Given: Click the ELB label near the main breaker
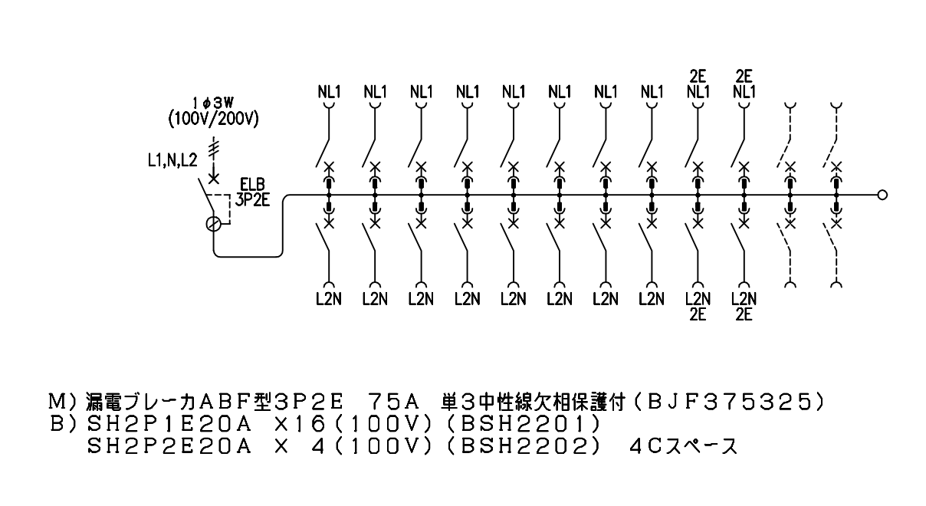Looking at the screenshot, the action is (x=253, y=185).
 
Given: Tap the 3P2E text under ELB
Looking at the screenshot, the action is (x=253, y=200).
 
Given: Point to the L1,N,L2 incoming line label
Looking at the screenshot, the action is (x=172, y=161).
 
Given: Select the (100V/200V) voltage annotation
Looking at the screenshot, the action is (x=213, y=119).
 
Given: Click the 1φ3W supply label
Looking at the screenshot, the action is (x=213, y=103).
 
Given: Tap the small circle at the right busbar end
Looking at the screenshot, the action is (x=882, y=195).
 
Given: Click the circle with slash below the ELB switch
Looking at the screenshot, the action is (x=213, y=224).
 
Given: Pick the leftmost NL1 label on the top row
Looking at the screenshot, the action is (x=329, y=92).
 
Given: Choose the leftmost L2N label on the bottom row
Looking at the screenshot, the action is (x=329, y=299).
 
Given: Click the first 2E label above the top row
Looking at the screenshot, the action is (x=698, y=77).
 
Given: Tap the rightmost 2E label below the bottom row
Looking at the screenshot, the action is (x=744, y=315).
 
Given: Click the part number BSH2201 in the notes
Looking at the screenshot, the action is (x=524, y=424).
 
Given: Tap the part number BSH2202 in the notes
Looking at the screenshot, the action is (x=524, y=446).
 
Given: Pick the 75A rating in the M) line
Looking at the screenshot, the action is (x=392, y=402).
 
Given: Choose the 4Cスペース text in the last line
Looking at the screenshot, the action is (x=683, y=446).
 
